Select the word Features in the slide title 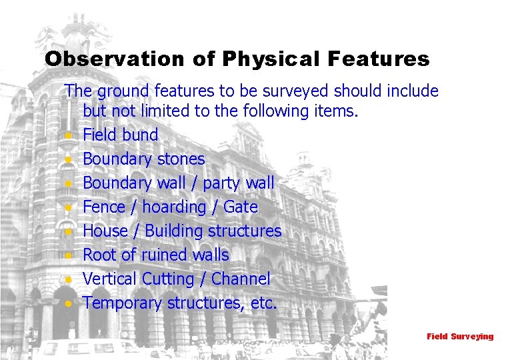point(378,59)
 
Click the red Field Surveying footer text point(460,337)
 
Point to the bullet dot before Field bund point(69,136)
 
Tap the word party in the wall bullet point(223,183)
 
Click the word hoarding point(169,207)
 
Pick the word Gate point(241,207)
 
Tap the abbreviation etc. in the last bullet point(264,303)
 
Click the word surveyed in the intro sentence point(298,91)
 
